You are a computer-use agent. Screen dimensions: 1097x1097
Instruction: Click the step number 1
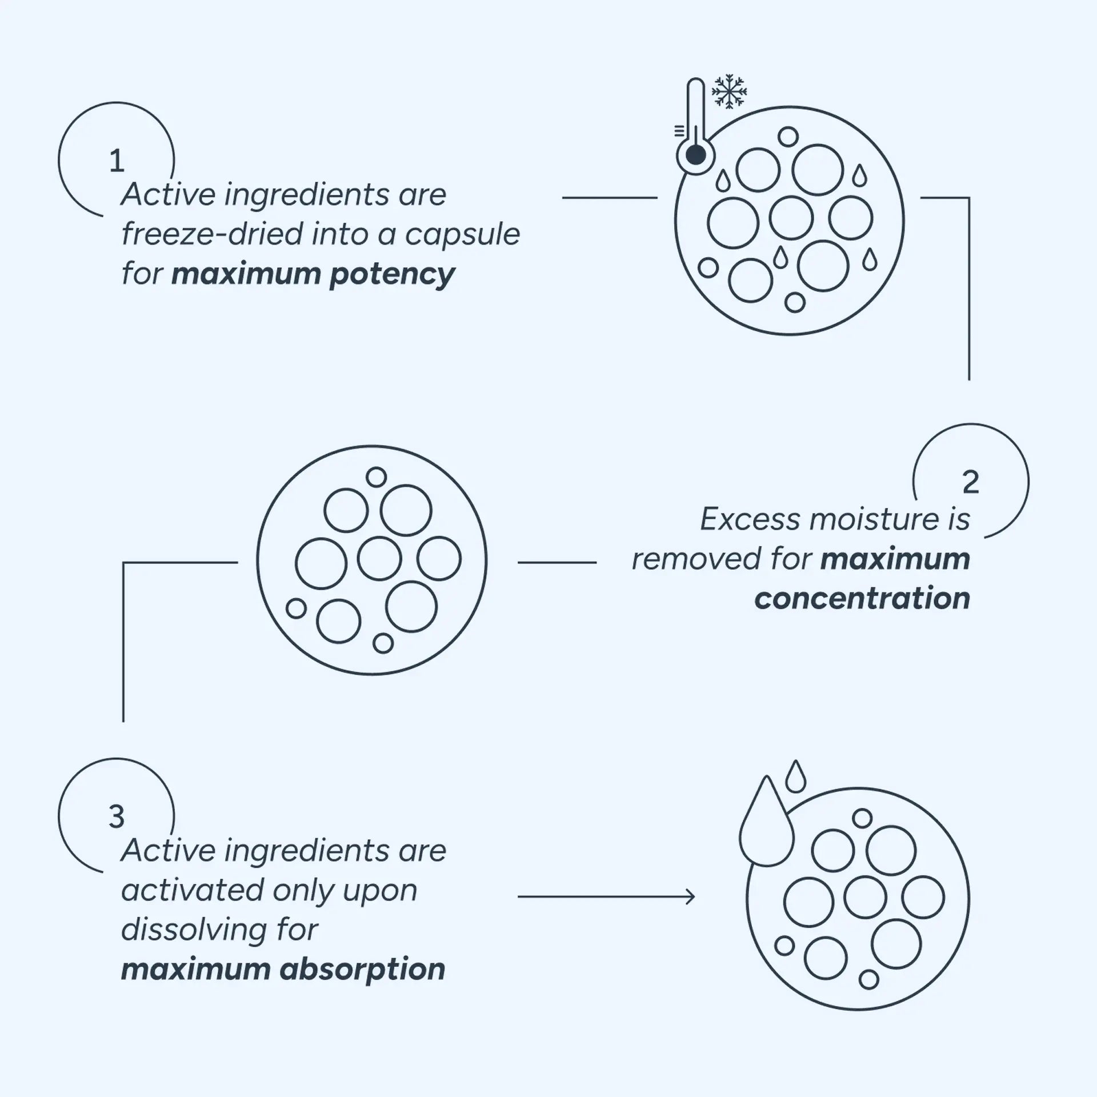coord(117,161)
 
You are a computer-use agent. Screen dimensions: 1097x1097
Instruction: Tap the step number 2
coord(971,482)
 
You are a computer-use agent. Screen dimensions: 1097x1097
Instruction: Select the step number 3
coord(117,817)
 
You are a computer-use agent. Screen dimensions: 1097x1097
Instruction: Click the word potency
coord(392,275)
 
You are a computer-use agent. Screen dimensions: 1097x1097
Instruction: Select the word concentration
coord(862,598)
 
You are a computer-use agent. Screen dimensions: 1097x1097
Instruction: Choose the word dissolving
coord(193,930)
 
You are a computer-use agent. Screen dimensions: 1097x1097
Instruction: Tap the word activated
coord(193,890)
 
